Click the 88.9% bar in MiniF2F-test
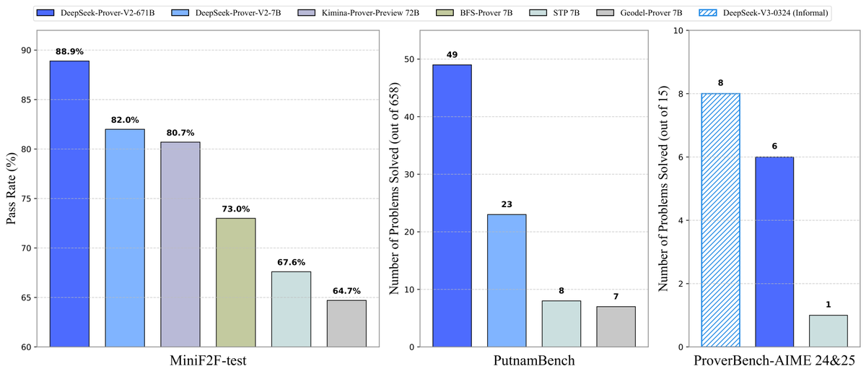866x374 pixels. point(69,204)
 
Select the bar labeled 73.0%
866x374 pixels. point(235,282)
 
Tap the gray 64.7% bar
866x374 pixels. point(346,323)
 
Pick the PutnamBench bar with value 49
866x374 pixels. point(452,206)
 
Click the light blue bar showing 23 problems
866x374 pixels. point(507,281)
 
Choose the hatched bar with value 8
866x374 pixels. point(720,220)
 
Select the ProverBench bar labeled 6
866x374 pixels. point(774,252)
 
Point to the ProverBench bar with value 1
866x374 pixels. point(828,331)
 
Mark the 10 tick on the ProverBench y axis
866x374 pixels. point(678,30)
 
